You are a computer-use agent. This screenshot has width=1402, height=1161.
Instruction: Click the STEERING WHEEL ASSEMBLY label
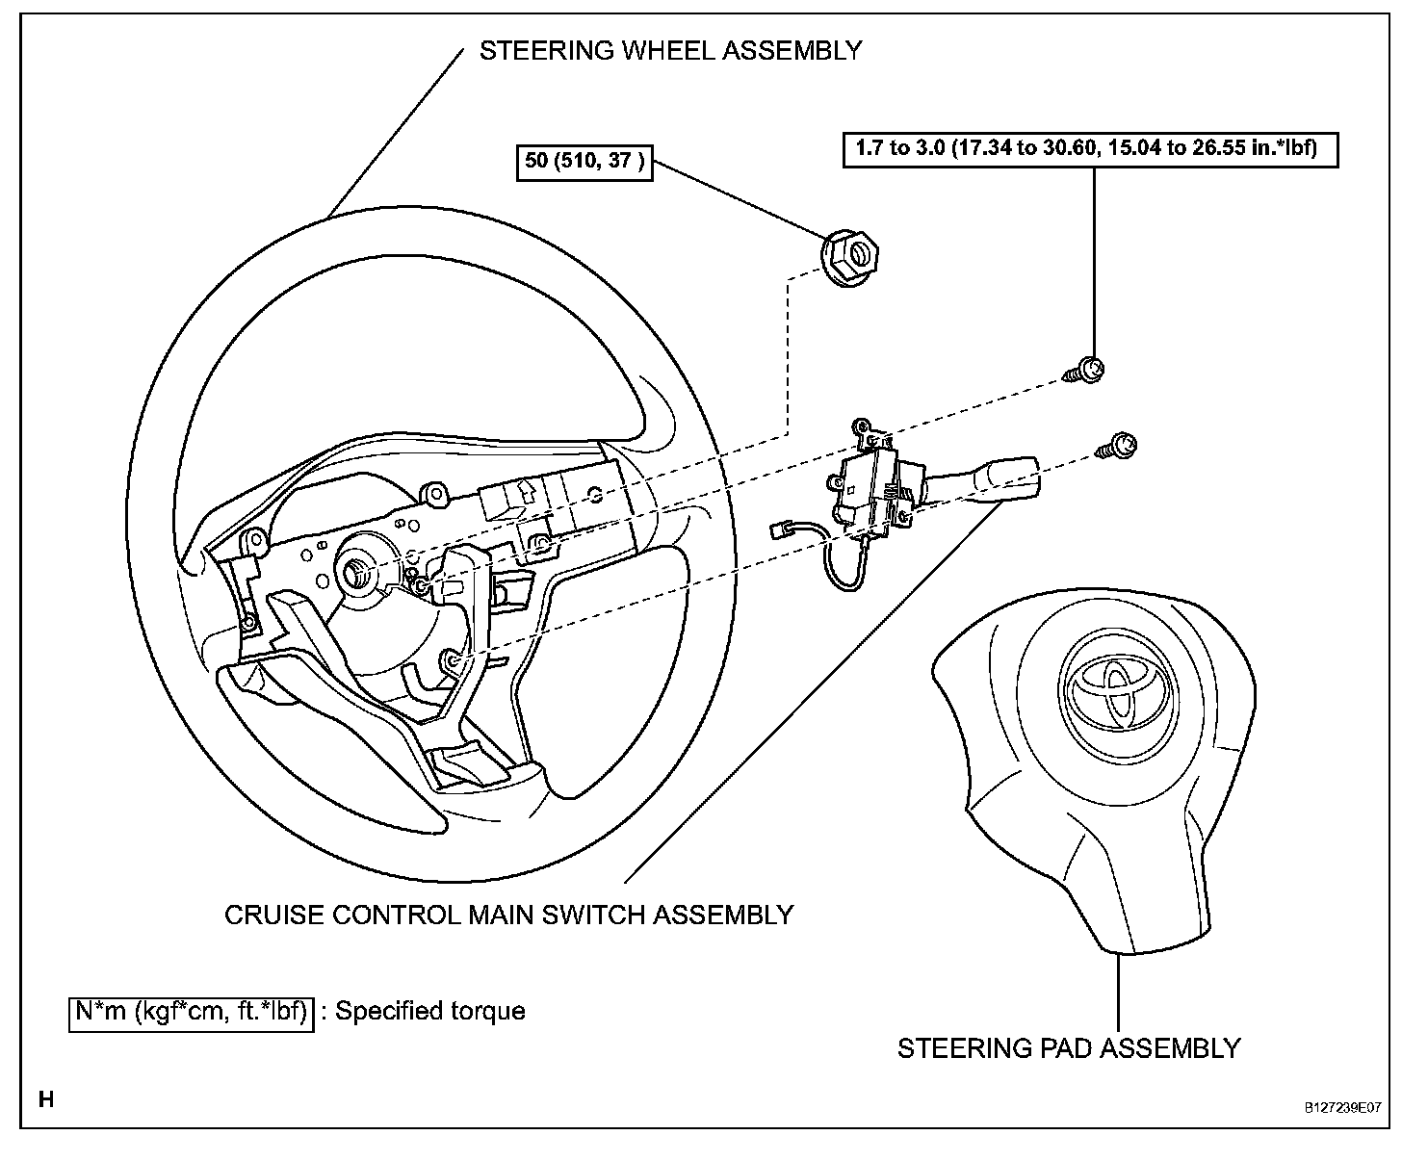pos(670,50)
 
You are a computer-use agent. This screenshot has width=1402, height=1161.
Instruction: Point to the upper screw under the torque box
pos(1087,370)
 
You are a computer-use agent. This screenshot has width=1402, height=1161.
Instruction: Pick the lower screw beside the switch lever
pos(1120,445)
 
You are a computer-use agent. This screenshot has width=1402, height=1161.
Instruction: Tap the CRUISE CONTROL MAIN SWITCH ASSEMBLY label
pos(508,914)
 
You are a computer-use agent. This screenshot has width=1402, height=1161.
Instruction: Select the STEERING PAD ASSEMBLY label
pos(1069,1047)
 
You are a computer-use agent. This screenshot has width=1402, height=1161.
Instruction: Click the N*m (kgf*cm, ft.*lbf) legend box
pos(192,1012)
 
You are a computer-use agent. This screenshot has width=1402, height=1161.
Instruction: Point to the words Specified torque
pos(429,1012)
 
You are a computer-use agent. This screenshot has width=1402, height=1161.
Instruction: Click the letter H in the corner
pos(45,1098)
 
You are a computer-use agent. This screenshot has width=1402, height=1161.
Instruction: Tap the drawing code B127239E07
pos(1342,1108)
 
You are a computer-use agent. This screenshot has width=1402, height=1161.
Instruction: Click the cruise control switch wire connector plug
pos(783,529)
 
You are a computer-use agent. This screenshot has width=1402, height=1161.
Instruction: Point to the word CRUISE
pos(272,914)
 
